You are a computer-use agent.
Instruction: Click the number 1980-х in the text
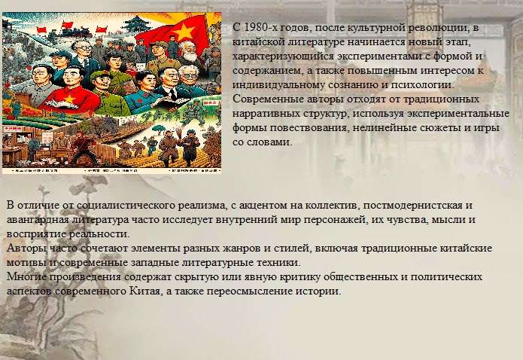260,27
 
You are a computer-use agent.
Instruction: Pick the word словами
269,142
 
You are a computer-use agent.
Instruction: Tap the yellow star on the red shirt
70,99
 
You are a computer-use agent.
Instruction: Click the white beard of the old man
190,56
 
